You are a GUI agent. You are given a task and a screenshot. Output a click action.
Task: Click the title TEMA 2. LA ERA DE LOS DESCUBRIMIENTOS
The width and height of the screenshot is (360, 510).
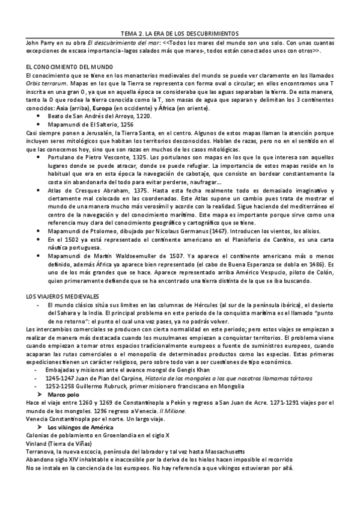click(180, 34)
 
